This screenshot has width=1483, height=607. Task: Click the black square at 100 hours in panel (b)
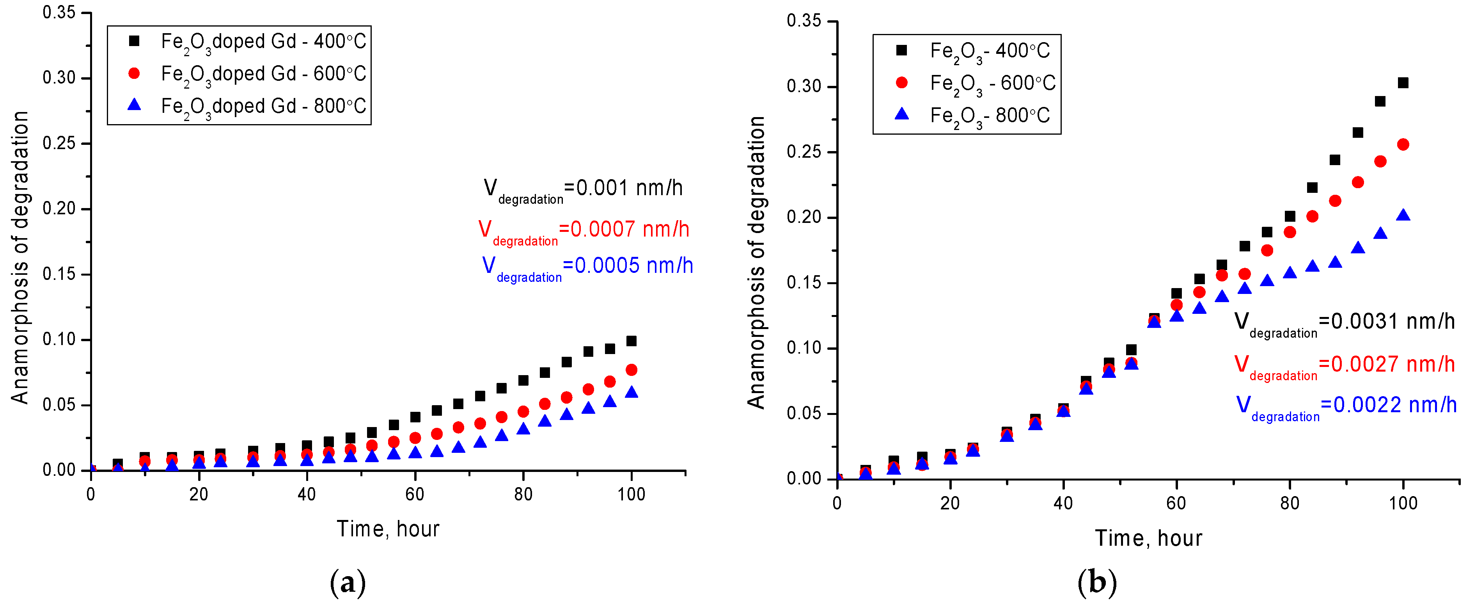[1403, 83]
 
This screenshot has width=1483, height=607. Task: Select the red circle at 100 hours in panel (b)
[1403, 144]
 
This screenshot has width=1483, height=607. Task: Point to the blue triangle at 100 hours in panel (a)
[631, 393]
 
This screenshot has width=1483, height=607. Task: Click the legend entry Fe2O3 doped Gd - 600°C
[263, 74]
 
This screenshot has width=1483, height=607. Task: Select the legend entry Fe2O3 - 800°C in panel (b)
[989, 116]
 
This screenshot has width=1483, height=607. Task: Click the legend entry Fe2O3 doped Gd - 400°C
[263, 41]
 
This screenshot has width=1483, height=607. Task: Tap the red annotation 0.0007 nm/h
[583, 230]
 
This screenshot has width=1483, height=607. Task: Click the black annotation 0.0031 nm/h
[1344, 321]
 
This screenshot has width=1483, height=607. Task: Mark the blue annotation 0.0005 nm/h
[587, 266]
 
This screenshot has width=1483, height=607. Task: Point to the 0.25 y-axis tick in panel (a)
[59, 143]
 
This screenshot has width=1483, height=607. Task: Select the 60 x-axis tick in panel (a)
[415, 494]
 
